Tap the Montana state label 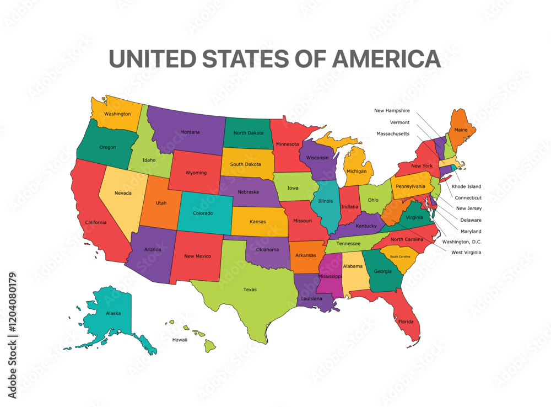coord(190,132)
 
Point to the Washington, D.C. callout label coord(462,242)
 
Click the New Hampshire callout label coord(392,111)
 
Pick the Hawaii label coord(180,340)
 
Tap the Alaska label coord(113,313)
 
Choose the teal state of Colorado coord(203,212)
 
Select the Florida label coord(406,321)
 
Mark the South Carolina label coord(400,256)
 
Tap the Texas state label coord(250,290)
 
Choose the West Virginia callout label coord(466,253)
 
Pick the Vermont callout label coord(399,122)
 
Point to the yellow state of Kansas coord(258,221)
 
